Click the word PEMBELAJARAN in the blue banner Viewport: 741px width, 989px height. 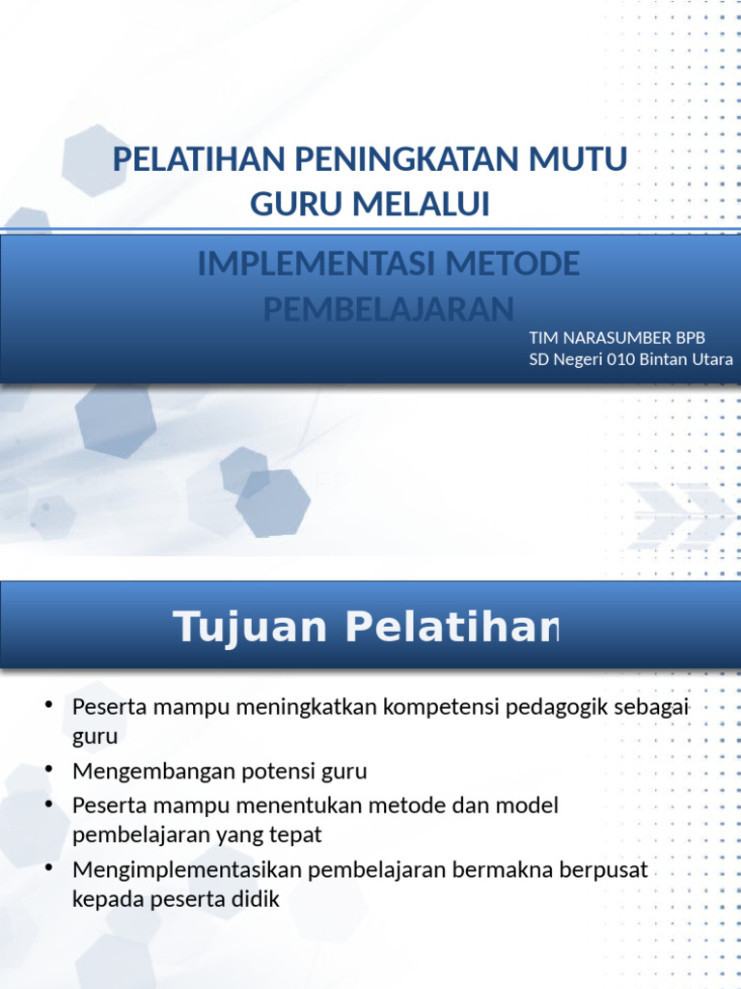pyautogui.click(x=389, y=309)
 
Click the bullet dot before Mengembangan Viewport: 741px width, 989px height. pyautogui.click(x=47, y=769)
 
